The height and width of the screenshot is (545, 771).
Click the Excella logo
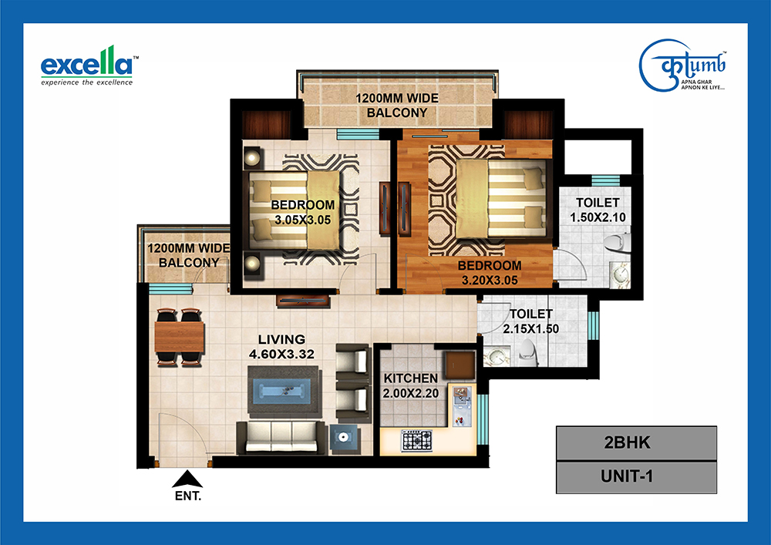click(87, 66)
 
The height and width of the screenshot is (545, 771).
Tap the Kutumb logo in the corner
click(683, 66)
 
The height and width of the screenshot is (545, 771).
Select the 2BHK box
click(636, 442)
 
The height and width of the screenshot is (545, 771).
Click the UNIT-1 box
click(636, 476)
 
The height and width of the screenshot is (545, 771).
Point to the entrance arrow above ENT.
click(187, 479)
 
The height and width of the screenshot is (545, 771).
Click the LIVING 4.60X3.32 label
click(281, 346)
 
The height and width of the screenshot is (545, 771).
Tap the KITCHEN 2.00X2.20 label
click(411, 385)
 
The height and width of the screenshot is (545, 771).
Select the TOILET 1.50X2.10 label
click(598, 210)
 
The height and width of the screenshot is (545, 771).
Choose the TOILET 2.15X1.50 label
click(530, 321)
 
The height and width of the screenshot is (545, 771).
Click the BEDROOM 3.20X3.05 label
click(490, 273)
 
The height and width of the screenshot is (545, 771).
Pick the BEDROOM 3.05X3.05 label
click(302, 212)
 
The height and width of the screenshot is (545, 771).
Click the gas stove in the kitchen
click(417, 441)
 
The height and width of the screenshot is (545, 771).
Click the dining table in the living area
click(179, 337)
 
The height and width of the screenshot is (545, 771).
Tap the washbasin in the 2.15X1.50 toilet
click(495, 357)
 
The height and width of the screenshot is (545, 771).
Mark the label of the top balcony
click(397, 106)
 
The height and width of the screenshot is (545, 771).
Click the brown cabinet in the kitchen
click(460, 365)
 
